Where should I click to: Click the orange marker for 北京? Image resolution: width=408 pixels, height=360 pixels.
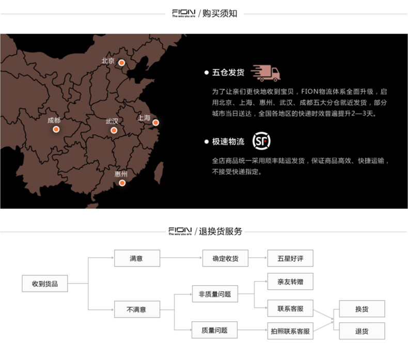click(122, 63)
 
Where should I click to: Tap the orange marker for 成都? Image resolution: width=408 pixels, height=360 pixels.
click(56, 129)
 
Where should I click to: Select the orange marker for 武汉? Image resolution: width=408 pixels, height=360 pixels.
click(114, 130)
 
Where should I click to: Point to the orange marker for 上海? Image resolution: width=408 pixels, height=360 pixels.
click(155, 122)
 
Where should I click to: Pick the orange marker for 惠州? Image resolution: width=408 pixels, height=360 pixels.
click(122, 183)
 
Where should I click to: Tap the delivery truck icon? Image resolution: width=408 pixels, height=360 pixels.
click(265, 73)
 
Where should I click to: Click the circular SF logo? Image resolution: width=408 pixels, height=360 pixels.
click(261, 141)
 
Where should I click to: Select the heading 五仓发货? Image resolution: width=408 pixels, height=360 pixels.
click(228, 73)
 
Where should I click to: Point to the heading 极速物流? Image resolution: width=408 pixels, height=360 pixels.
click(228, 142)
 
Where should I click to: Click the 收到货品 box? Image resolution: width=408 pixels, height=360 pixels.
click(45, 284)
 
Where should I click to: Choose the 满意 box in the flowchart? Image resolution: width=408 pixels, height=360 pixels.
click(137, 258)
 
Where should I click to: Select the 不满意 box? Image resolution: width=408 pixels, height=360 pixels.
click(137, 309)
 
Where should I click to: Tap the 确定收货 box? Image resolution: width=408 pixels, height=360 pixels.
click(225, 258)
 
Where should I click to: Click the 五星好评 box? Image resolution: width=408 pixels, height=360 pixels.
click(290, 258)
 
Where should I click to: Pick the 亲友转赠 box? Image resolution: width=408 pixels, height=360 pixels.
click(290, 281)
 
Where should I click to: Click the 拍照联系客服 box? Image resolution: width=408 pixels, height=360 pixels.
click(290, 330)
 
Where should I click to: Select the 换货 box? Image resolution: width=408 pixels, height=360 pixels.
click(362, 309)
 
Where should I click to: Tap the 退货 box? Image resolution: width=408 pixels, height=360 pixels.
click(362, 331)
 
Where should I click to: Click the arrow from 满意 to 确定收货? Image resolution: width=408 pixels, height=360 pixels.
click(181, 258)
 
